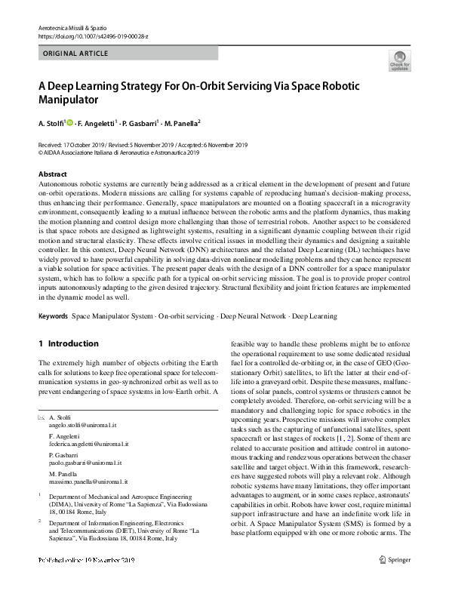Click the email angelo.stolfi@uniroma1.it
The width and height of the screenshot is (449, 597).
85,425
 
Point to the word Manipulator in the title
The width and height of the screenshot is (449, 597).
69,99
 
